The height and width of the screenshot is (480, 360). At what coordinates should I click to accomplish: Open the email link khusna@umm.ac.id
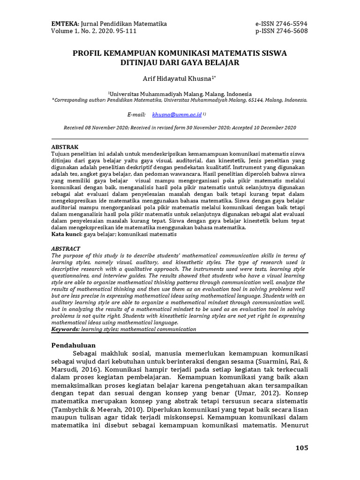tap(177, 114)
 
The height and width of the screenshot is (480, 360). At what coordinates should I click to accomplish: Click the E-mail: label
tap(136, 114)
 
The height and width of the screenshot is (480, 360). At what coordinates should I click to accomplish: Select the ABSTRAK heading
tap(65, 147)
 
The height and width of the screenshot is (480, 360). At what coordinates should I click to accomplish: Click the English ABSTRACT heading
tap(66, 248)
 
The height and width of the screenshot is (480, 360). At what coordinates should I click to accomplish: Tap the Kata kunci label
tap(66, 233)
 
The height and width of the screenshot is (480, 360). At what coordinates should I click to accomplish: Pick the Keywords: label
tap(65, 329)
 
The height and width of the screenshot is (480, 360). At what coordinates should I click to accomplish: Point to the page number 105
tap(301, 448)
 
